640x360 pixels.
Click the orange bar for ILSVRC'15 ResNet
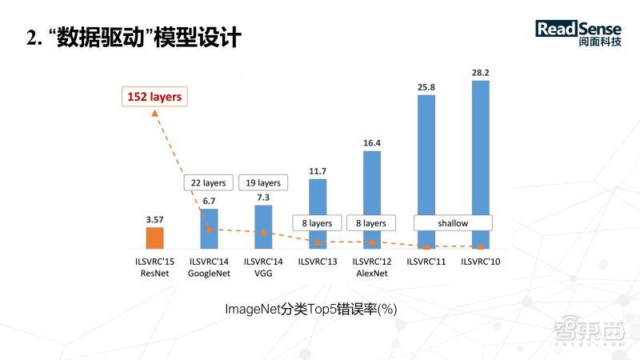[154, 238]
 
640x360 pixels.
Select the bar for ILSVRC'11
[426, 171]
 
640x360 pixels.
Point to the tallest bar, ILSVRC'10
[481, 164]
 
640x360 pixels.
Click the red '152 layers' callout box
[154, 97]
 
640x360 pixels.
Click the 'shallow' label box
[453, 223]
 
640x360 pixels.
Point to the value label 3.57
[154, 218]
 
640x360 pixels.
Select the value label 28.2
[481, 73]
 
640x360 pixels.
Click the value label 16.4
[372, 143]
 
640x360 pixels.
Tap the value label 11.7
[318, 171]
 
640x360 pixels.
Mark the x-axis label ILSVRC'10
[481, 262]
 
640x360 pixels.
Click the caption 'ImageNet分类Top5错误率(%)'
[311, 309]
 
